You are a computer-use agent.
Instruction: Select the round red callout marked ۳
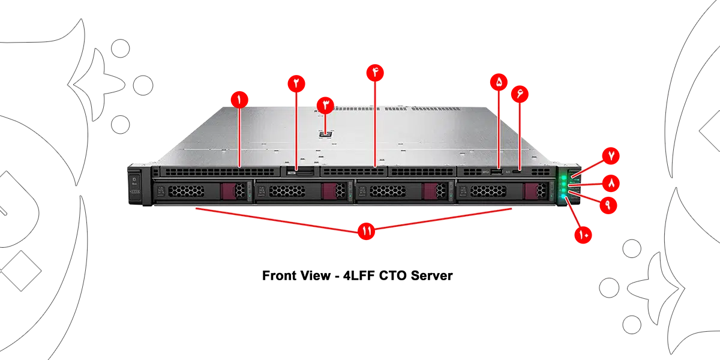(x=326, y=106)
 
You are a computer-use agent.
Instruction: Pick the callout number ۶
(x=520, y=94)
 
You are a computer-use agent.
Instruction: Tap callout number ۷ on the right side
(x=611, y=155)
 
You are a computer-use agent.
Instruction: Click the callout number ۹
(x=607, y=204)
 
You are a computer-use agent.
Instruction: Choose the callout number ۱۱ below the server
(x=365, y=230)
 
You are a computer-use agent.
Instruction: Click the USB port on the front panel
(x=497, y=173)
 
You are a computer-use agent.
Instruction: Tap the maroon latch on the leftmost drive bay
(x=229, y=191)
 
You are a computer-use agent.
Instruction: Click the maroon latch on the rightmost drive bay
(x=531, y=191)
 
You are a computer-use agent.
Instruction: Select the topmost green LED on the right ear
(x=564, y=178)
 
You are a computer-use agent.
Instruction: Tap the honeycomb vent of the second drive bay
(x=286, y=191)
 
